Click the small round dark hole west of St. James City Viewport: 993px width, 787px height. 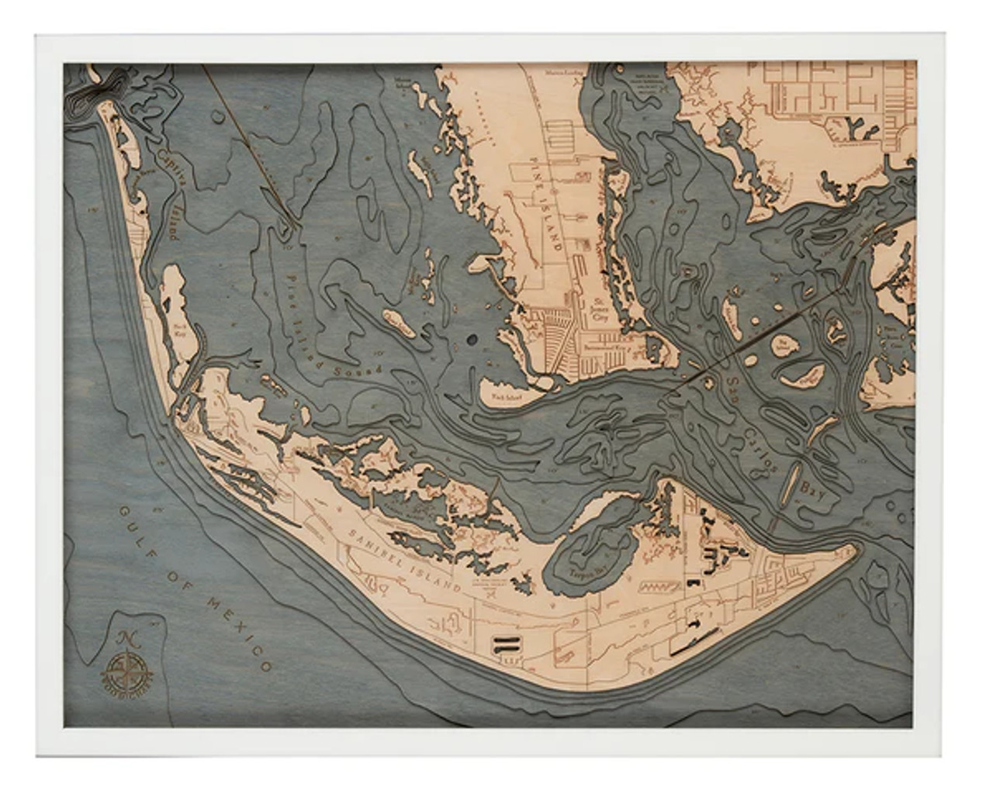[x=470, y=340]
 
